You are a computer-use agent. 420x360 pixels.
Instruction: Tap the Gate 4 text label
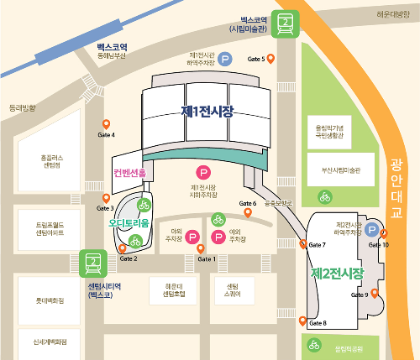[107, 135]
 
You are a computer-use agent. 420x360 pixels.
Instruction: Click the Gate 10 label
[379, 244]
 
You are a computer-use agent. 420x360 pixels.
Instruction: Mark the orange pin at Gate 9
[374, 293]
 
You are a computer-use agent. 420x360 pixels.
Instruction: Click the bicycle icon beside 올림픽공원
[314, 343]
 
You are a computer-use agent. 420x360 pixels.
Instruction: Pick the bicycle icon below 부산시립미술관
[323, 197]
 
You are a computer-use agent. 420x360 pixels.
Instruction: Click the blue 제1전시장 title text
[207, 111]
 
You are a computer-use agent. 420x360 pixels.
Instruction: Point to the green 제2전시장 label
[337, 274]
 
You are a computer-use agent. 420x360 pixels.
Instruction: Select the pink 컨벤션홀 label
[130, 173]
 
